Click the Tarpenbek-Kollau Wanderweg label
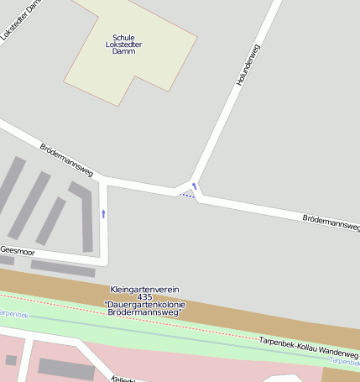point(307,348)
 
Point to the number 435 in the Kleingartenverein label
point(144,297)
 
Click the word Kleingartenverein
point(144,290)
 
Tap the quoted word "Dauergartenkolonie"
point(144,305)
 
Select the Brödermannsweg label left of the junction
point(67,159)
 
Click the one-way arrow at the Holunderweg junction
point(194,186)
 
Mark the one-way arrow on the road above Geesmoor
point(104,213)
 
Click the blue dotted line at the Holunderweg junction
point(186,196)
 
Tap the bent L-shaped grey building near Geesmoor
point(83,214)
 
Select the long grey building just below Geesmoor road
point(63,269)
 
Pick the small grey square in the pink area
point(11,360)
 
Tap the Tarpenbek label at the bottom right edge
point(344,361)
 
